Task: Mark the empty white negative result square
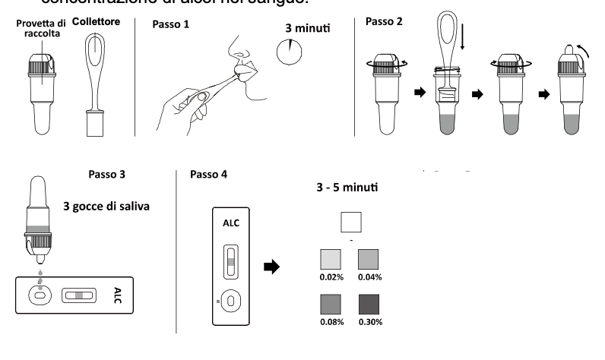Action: pyautogui.click(x=350, y=221)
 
